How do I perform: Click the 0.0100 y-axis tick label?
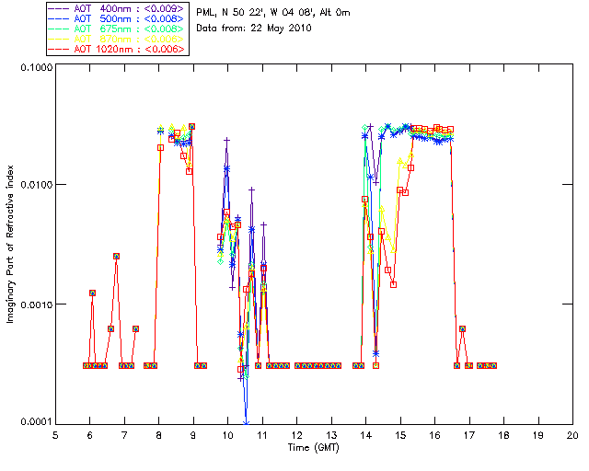tap(34, 186)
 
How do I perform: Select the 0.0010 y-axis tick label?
tap(34, 304)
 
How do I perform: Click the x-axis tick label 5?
tap(55, 435)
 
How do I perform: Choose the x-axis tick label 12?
tap(296, 435)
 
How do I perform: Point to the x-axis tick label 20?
tap(572, 435)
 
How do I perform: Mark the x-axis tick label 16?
tap(434, 435)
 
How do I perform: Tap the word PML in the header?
tap(207, 12)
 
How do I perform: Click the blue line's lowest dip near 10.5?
tap(246, 422)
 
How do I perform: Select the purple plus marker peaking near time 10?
tap(226, 140)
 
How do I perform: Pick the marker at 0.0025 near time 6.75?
tap(116, 256)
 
